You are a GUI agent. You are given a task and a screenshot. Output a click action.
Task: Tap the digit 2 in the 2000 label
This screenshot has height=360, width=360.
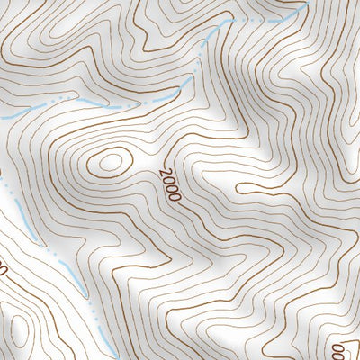click(x=162, y=171)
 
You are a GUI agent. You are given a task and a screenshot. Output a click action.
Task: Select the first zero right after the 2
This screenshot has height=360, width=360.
click(x=166, y=179)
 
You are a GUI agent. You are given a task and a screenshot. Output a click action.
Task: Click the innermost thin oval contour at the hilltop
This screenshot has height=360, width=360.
click(x=110, y=163)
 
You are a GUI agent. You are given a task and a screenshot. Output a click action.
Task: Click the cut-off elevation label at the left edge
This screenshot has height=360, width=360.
click(x=3, y=268)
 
